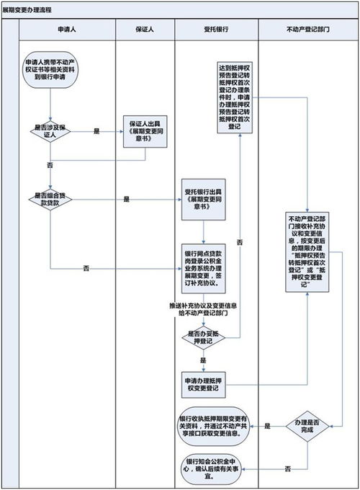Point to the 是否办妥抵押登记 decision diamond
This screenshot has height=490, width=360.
pos(202,337)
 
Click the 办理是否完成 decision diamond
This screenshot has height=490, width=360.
pos(308,427)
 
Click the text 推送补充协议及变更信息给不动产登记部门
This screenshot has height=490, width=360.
pos(203,310)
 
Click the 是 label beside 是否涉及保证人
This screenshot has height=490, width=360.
pos(96,131)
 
